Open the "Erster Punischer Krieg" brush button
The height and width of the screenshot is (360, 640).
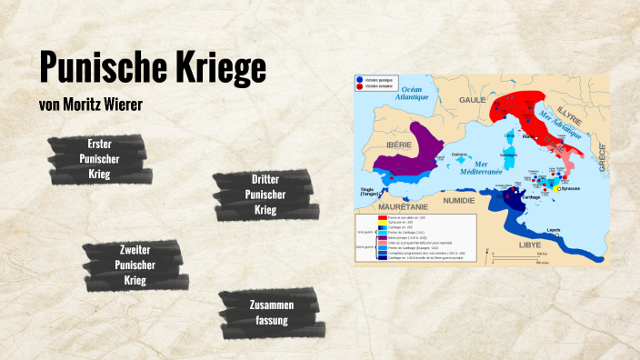[99, 159]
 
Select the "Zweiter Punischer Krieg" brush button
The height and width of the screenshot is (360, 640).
[135, 265]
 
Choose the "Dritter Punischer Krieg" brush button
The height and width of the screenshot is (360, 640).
[265, 195]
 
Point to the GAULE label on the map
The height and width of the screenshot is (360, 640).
[473, 99]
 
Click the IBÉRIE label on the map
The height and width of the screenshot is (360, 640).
[397, 144]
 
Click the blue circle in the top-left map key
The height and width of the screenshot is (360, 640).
[360, 79]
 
